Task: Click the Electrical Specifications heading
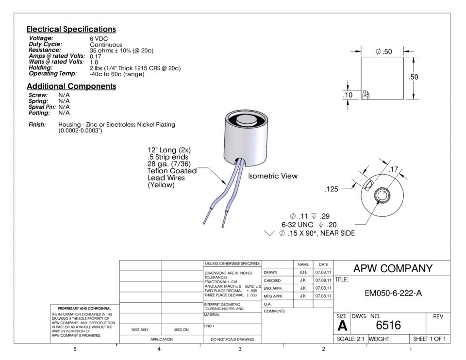71,29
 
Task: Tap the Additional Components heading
71,86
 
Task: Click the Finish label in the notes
37,125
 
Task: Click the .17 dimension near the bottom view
394,169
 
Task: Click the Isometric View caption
272,176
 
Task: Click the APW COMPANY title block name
392,269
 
